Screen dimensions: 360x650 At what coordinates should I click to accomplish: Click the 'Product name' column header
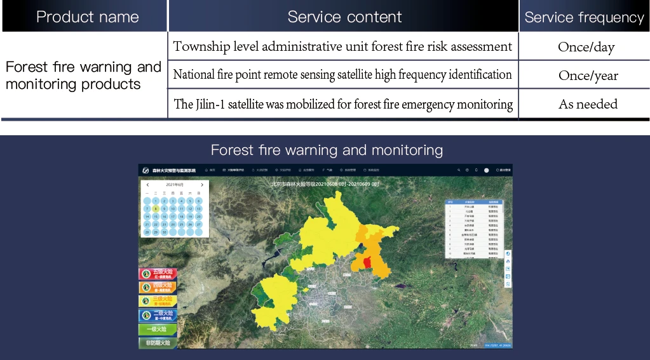[88, 17]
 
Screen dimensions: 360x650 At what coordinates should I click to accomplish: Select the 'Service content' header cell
[344, 17]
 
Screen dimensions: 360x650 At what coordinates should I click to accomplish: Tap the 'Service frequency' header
[584, 18]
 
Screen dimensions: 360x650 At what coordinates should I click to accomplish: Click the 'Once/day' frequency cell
[586, 47]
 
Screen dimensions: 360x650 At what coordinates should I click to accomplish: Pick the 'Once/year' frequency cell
[588, 76]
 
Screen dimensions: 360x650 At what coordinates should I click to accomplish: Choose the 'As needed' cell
[588, 104]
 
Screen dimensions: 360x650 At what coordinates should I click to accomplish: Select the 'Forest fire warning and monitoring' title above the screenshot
[327, 150]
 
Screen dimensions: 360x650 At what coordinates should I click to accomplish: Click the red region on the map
[364, 261]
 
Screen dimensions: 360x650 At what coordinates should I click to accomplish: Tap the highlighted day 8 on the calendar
[156, 208]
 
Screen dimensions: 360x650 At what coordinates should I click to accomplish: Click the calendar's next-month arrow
[202, 185]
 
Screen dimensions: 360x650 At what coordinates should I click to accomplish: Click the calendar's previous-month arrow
[147, 185]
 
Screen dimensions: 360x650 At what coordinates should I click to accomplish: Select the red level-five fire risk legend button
[158, 274]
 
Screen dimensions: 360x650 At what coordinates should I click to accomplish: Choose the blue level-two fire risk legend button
[158, 315]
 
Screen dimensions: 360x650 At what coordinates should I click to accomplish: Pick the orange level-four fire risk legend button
[158, 288]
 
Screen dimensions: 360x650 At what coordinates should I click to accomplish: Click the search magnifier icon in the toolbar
[458, 170]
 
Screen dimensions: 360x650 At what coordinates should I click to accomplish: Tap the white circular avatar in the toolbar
[486, 170]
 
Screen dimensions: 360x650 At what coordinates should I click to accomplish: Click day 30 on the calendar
[164, 232]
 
